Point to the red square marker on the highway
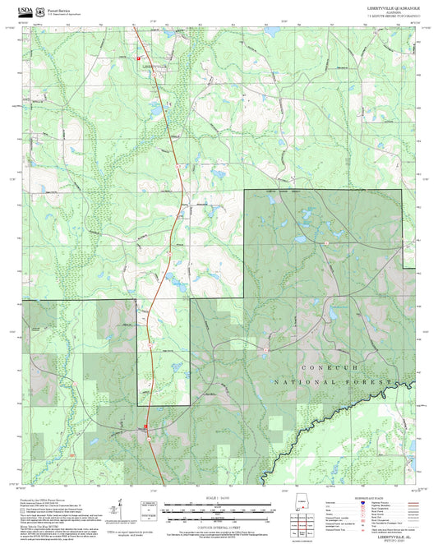click(x=146, y=427)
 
